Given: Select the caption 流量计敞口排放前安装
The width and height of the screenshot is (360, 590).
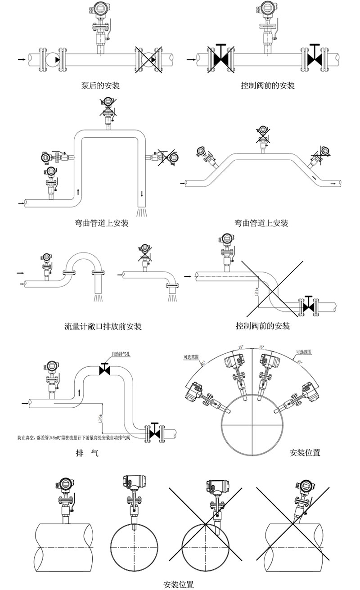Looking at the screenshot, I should click(103, 326).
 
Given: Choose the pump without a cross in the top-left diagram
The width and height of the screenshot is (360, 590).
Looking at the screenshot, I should click(54, 59).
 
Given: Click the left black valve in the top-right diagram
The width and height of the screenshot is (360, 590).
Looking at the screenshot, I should click(220, 59).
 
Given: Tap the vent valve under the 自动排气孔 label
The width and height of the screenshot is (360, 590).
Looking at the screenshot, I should click(104, 369).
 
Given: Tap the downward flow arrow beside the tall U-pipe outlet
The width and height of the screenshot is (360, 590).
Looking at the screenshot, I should click(143, 194).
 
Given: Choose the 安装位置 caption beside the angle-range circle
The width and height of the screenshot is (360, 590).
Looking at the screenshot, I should click(305, 453).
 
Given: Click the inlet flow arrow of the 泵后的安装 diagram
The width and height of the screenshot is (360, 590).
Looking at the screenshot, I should click(21, 59).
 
